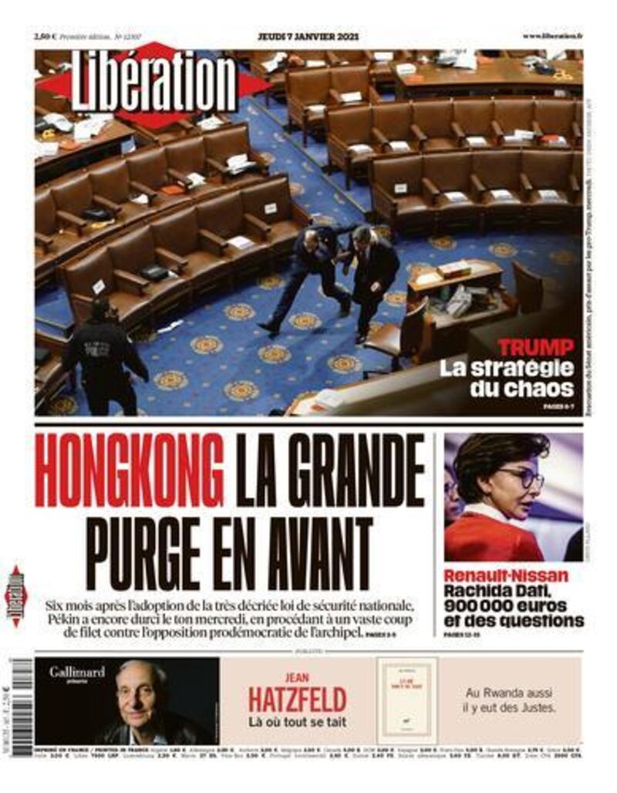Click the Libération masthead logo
pos(154,83)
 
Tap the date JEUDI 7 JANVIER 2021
pos(308,36)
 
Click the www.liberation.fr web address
pos(552,36)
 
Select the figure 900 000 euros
pos(505,606)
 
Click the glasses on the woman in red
pos(520,479)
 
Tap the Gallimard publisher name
pos(77,672)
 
